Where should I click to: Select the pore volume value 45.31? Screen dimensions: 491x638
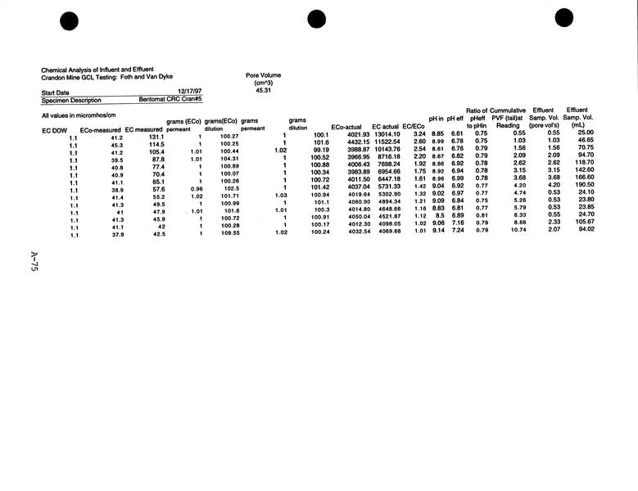(263, 90)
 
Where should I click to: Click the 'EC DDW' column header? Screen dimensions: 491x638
(55, 130)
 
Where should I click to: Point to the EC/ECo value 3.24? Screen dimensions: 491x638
(419, 134)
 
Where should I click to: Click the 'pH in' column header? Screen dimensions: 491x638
(437, 119)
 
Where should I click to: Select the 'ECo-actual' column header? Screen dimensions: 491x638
(346, 127)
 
